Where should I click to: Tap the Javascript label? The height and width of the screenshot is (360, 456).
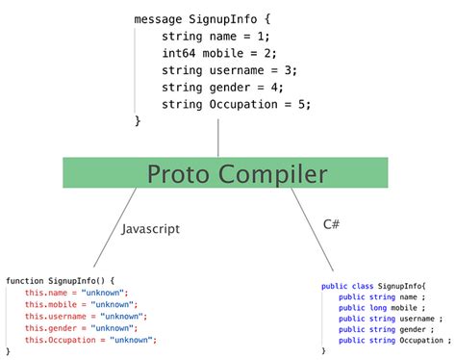tap(151, 229)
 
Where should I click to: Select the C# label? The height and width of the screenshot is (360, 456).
tap(332, 223)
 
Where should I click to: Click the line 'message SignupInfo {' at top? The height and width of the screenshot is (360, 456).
tap(203, 18)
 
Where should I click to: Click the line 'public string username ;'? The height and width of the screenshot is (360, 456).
tap(391, 319)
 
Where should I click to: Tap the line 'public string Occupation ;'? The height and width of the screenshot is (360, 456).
tap(394, 340)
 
